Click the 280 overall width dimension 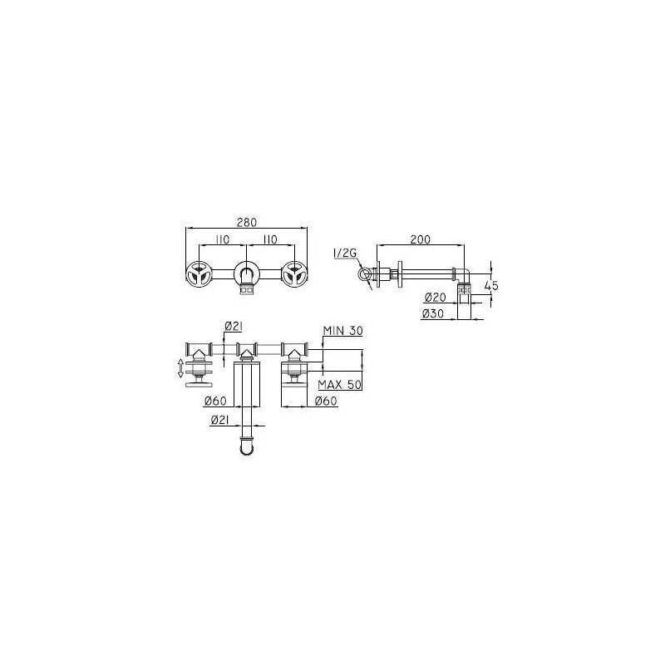[246, 222]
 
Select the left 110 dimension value [222, 239]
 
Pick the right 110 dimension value [269, 239]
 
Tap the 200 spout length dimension [420, 239]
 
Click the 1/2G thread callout [345, 254]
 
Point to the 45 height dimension [491, 285]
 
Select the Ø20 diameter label [435, 298]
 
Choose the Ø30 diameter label [433, 313]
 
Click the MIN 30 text [342, 331]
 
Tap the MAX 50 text [340, 385]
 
